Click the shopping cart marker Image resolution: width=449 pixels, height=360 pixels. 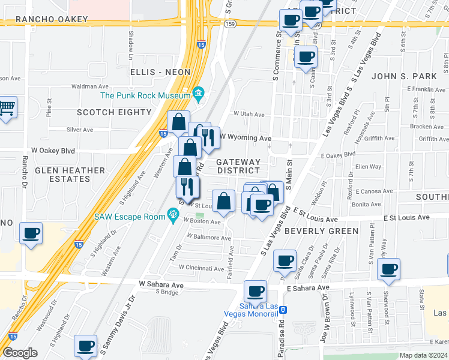(7, 108)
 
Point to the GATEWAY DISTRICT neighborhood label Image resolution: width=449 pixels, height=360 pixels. (238, 166)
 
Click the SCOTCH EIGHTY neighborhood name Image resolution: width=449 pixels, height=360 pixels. (114, 112)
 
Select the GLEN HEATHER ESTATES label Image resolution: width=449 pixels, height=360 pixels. (70, 175)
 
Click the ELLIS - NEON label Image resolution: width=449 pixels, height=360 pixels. (160, 72)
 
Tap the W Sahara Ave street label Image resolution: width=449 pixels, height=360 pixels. (161, 283)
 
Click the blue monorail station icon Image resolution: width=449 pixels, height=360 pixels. (283, 310)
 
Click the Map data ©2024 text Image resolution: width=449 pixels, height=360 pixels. (423, 355)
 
